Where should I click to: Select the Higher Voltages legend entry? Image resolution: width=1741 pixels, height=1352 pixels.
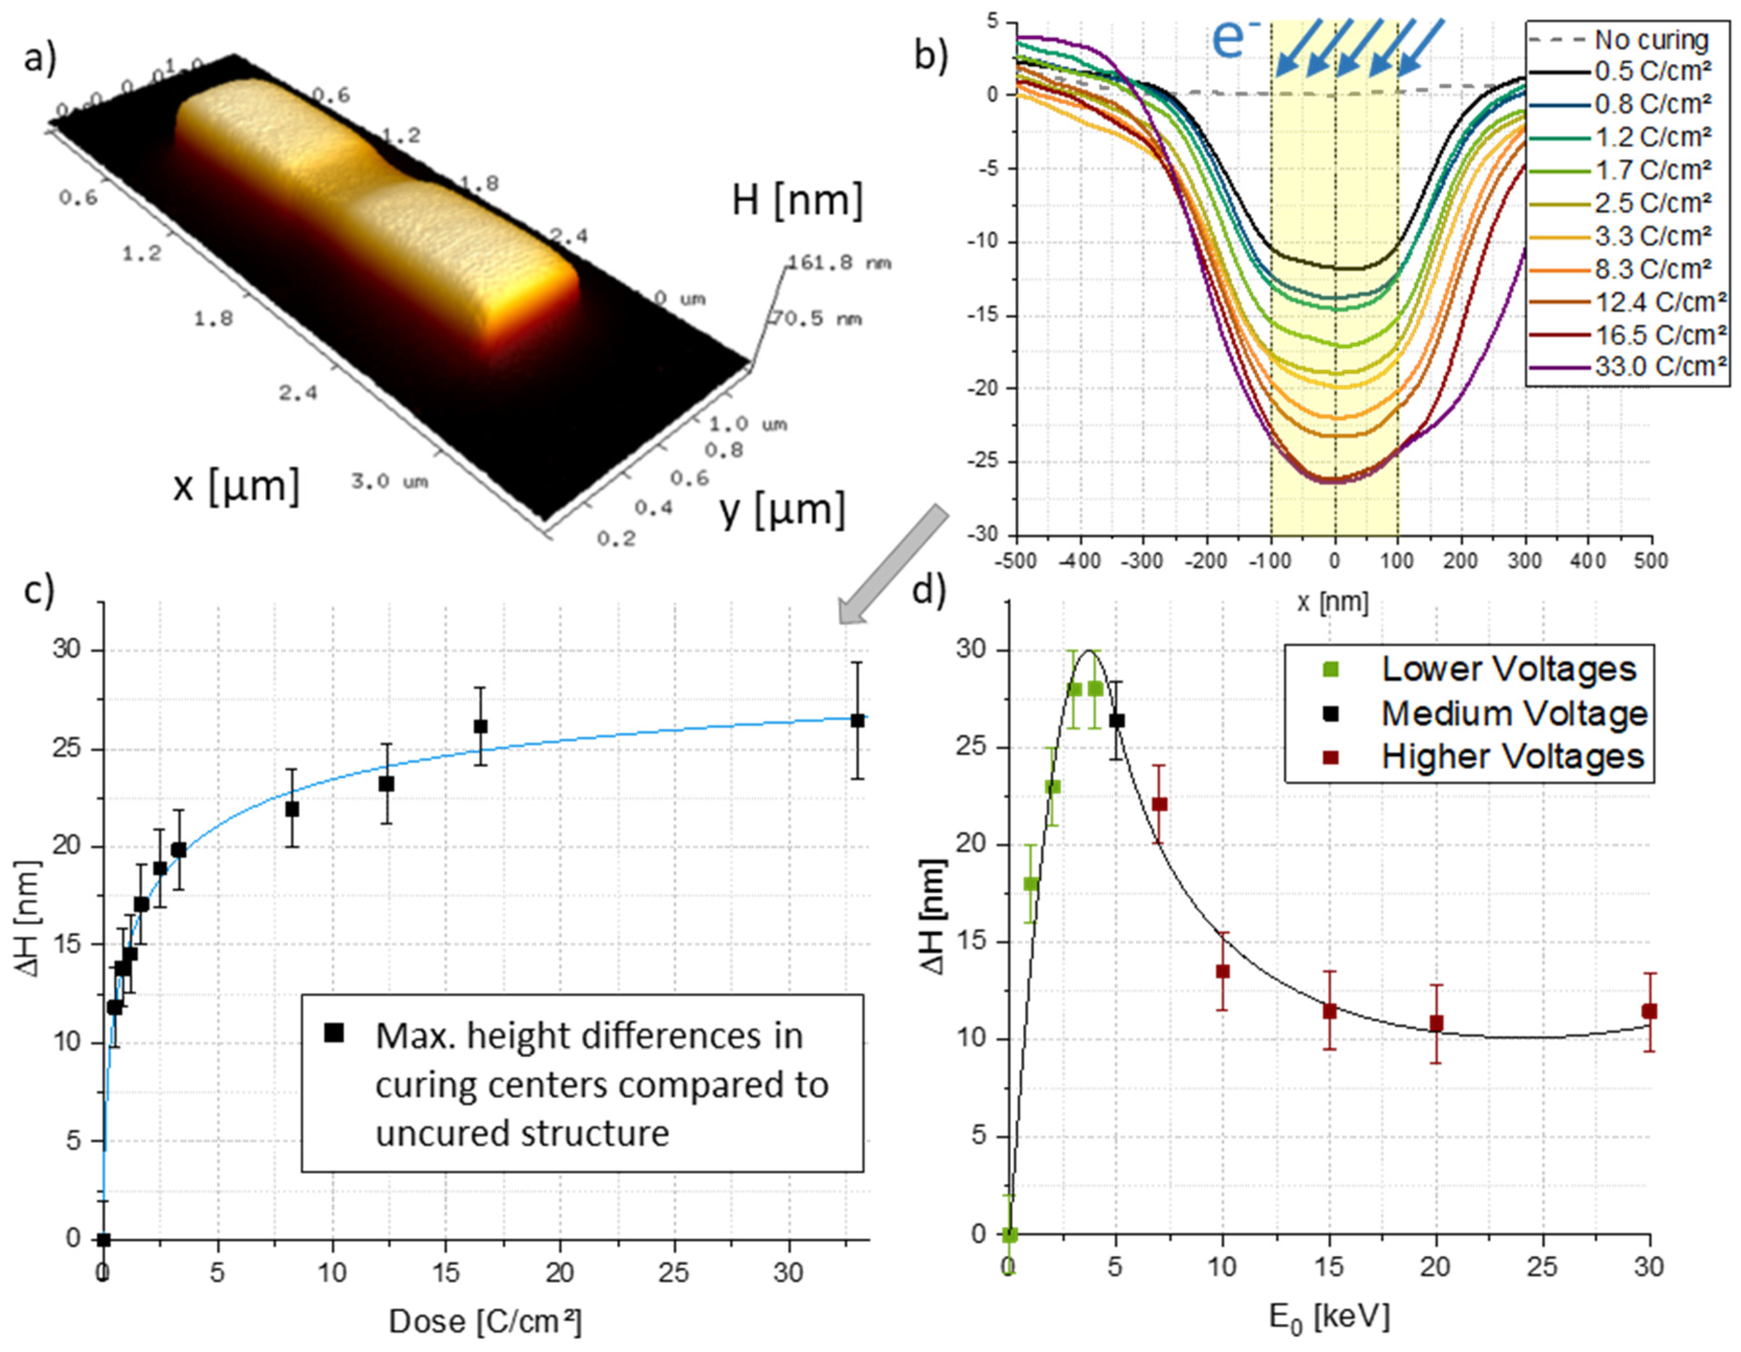pos(1512,756)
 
